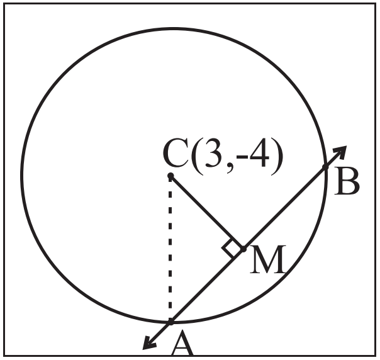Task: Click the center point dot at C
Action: click(170, 175)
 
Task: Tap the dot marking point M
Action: click(243, 249)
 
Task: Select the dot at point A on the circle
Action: click(170, 322)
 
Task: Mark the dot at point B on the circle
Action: click(325, 167)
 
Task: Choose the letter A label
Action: click(182, 344)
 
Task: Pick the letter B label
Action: click(347, 181)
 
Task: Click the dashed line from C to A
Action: click(170, 249)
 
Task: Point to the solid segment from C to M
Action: click(207, 212)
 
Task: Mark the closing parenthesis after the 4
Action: click(277, 156)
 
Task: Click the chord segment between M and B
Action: click(284, 208)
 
